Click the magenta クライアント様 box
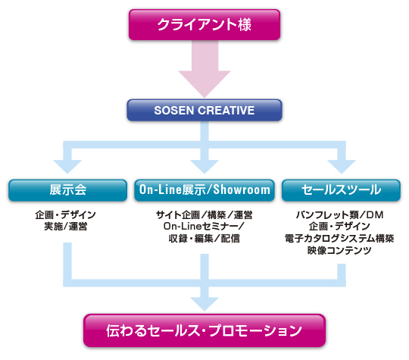[204, 25]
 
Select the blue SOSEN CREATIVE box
[204, 110]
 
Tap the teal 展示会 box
[68, 190]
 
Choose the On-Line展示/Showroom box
[204, 190]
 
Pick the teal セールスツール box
[341, 190]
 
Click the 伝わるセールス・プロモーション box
[204, 330]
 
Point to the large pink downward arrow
[204, 69]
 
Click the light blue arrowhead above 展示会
[67, 167]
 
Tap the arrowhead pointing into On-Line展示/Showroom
[204, 167]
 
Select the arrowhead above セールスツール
[342, 167]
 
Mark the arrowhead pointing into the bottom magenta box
[204, 304]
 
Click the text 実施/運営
[66, 227]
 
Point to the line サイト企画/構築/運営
[204, 214]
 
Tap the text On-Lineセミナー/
[204, 227]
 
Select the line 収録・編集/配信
[204, 238]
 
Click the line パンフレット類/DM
[339, 214]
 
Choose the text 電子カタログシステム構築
[339, 238]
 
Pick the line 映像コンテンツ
[339, 250]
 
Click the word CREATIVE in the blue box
[226, 110]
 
